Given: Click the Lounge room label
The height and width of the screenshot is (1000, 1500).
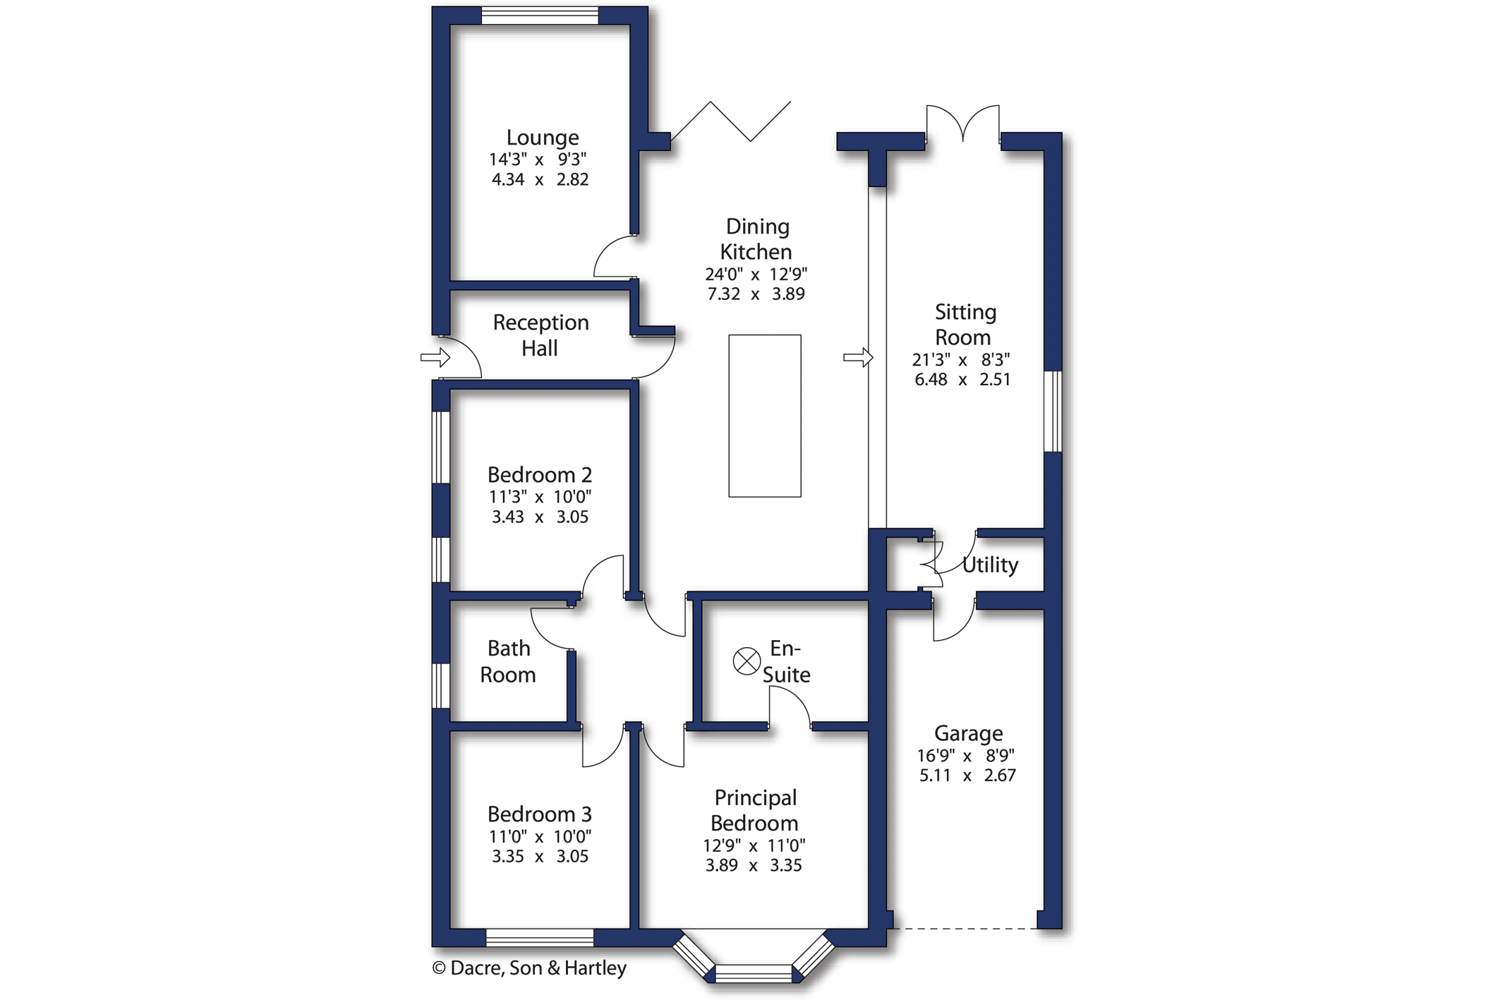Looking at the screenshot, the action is coord(542,137).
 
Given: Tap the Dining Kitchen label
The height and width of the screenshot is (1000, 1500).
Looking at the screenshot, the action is coord(756,239).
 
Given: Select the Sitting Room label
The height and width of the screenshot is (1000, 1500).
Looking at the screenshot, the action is coord(964,325).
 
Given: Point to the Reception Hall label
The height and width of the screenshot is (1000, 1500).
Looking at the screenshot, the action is coord(540,335).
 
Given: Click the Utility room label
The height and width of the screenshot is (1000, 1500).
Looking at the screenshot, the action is coord(990,565).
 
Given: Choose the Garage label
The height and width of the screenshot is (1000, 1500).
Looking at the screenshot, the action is coord(968,734).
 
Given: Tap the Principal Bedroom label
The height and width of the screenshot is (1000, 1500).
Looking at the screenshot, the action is coord(755,810).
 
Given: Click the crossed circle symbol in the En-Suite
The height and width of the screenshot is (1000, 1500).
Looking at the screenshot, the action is coord(746,661).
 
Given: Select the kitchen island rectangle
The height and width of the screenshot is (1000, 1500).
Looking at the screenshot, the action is coord(765,416).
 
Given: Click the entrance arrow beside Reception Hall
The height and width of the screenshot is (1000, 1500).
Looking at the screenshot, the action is coord(435,357).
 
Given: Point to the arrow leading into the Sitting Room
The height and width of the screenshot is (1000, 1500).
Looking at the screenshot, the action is coord(859,358).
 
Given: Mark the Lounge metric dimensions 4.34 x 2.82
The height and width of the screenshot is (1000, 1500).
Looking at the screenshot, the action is coord(540,179).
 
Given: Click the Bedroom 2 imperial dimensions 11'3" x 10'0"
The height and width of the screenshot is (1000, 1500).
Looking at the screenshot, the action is coord(540,497).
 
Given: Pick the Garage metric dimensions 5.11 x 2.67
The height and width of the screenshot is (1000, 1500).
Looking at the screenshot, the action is coord(967,776).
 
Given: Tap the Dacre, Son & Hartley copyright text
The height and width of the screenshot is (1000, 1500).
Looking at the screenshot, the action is coord(529,968).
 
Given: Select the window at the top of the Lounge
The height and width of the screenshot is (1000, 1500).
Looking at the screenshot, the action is coord(540,15).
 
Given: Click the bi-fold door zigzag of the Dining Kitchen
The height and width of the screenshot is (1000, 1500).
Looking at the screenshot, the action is coord(730,121).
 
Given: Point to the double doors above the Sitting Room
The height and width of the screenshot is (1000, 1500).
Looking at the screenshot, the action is coord(963,123).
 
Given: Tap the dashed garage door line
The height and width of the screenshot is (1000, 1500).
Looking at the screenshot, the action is coord(964,929).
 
